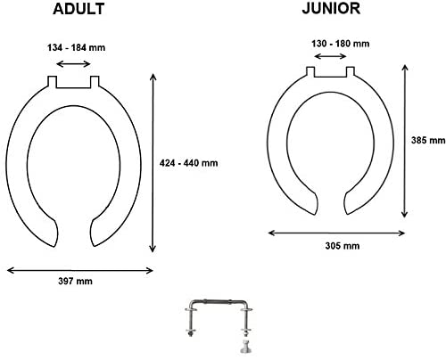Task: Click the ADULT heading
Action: [78, 9]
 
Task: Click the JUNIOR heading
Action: [331, 8]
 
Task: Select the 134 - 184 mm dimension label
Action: [77, 47]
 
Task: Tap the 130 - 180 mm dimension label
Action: [341, 44]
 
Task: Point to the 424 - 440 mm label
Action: [188, 163]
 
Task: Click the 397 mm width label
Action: [75, 281]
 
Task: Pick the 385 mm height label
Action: [428, 140]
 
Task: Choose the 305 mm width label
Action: [343, 246]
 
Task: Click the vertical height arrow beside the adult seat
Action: [153, 163]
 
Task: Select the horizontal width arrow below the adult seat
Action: [79, 270]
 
